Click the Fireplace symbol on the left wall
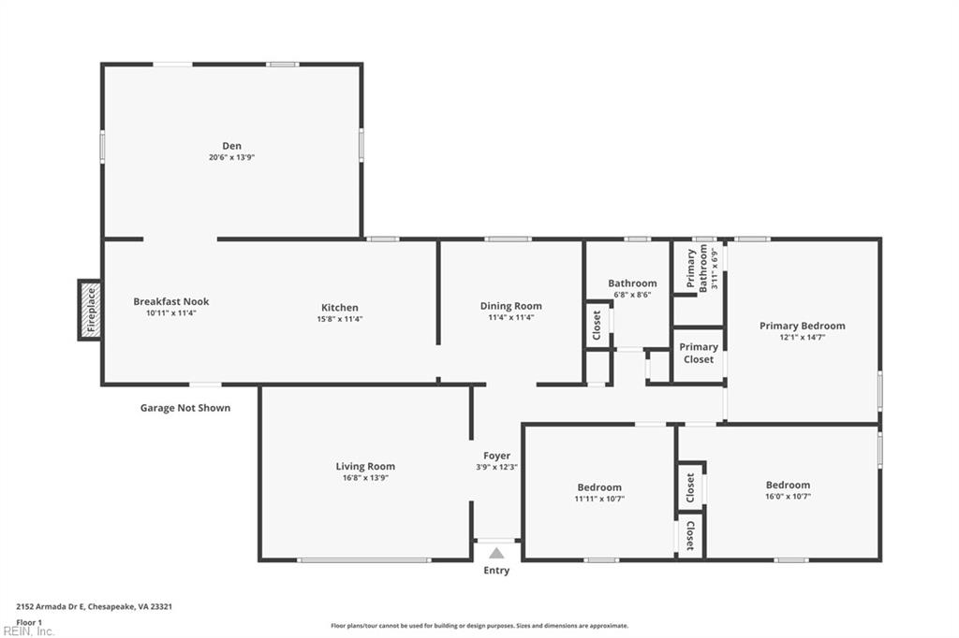pyautogui.click(x=90, y=310)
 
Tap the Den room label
pyautogui.click(x=231, y=145)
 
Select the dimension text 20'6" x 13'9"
pyautogui.click(x=231, y=157)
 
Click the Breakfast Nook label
pyautogui.click(x=171, y=301)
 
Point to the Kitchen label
pyautogui.click(x=340, y=307)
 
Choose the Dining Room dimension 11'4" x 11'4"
pyautogui.click(x=510, y=318)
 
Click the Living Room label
pyautogui.click(x=365, y=466)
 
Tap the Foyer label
pyautogui.click(x=496, y=456)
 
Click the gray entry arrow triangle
pyautogui.click(x=496, y=553)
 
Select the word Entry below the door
pyautogui.click(x=496, y=571)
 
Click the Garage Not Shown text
pyautogui.click(x=185, y=408)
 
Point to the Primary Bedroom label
pyautogui.click(x=802, y=326)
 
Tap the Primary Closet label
pyautogui.click(x=699, y=353)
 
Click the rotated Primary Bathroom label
pyautogui.click(x=697, y=269)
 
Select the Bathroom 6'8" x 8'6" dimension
pyautogui.click(x=632, y=295)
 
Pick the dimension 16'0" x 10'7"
pyautogui.click(x=788, y=497)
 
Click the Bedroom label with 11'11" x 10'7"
pyautogui.click(x=599, y=486)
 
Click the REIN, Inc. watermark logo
pyautogui.click(x=28, y=631)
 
